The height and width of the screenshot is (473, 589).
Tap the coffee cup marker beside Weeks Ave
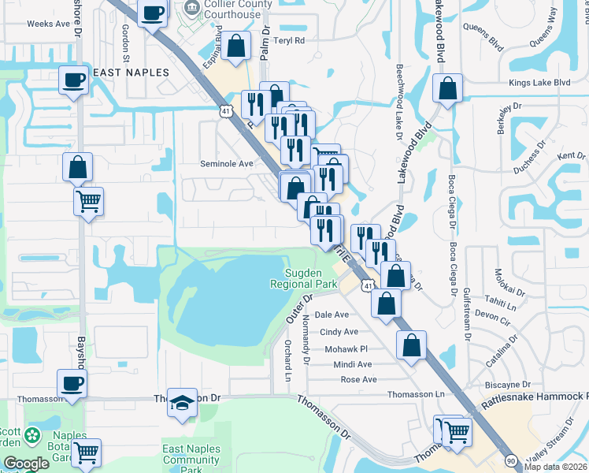tap(153, 13)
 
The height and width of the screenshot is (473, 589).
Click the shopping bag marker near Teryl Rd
tap(235, 47)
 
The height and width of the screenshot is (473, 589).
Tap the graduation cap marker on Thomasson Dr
tap(183, 402)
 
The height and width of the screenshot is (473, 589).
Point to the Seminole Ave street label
tap(226, 163)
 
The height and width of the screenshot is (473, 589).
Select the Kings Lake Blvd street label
tap(539, 82)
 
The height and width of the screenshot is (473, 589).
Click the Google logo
tap(26, 464)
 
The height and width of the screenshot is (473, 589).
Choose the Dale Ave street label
tap(332, 314)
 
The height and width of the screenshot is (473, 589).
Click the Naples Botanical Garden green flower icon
tap(31, 435)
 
